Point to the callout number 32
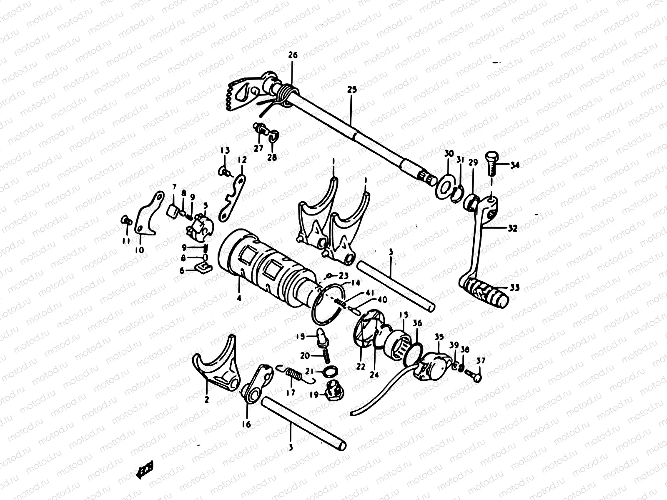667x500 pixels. click(512, 228)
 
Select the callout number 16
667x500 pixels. click(246, 424)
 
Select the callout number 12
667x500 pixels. click(242, 160)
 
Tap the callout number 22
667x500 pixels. click(360, 366)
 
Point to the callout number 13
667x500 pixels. click(225, 150)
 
